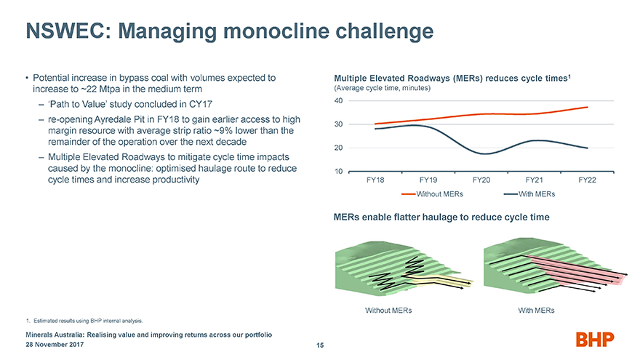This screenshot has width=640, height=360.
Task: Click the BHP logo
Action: point(595,339)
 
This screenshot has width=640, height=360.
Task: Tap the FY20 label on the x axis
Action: point(481,180)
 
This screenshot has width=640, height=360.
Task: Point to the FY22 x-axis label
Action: point(587,180)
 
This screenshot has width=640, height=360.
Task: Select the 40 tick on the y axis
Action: point(339,100)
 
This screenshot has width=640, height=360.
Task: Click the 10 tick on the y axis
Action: point(339,172)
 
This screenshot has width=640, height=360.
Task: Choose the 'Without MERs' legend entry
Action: point(432,194)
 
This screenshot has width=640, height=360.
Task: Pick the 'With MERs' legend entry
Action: point(529,194)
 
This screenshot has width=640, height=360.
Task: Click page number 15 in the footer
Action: point(320,345)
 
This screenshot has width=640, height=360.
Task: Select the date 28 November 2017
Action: point(55,345)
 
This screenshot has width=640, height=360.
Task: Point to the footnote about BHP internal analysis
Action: point(84,321)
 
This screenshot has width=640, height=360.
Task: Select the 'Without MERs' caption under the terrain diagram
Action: point(388,311)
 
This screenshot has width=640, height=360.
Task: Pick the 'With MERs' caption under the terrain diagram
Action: point(536,311)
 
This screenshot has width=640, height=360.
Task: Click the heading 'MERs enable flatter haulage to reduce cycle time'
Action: point(441,217)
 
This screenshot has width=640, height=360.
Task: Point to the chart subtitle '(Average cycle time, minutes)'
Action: point(382,88)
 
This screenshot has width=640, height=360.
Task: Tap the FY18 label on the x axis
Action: point(375,180)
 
